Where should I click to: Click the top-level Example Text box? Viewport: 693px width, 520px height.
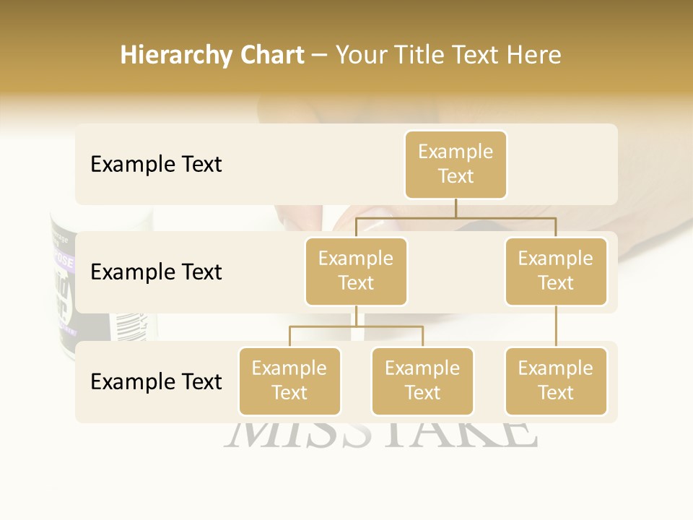(456, 165)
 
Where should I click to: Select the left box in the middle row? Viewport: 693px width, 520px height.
(356, 271)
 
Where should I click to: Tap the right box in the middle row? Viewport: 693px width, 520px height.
(556, 271)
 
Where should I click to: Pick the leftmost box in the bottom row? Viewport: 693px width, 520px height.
(289, 381)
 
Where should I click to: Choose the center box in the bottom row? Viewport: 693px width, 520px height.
(422, 381)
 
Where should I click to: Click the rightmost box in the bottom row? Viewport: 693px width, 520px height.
(556, 381)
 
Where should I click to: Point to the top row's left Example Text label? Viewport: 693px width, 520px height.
(156, 165)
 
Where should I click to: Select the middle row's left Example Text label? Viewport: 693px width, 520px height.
(156, 272)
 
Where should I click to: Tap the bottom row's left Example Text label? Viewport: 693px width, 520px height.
(156, 381)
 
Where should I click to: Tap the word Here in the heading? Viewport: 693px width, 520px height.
(533, 55)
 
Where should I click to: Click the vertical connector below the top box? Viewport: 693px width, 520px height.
(456, 208)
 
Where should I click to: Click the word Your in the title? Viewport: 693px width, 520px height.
(362, 55)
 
